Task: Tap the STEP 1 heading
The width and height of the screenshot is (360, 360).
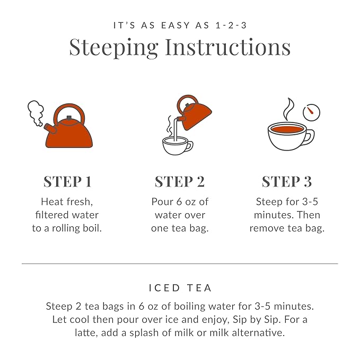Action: [67, 181]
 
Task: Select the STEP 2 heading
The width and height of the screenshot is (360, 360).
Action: [179, 181]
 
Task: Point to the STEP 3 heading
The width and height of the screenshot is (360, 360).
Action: [286, 181]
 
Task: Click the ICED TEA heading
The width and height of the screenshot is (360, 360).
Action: [180, 288]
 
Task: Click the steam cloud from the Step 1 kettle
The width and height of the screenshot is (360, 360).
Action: [36, 113]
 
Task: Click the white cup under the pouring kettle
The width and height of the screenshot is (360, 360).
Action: [177, 145]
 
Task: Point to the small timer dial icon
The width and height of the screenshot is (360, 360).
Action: [312, 112]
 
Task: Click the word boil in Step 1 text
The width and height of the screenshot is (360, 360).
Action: [91, 229]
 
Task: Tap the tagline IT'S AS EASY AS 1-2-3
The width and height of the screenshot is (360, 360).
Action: [180, 25]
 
